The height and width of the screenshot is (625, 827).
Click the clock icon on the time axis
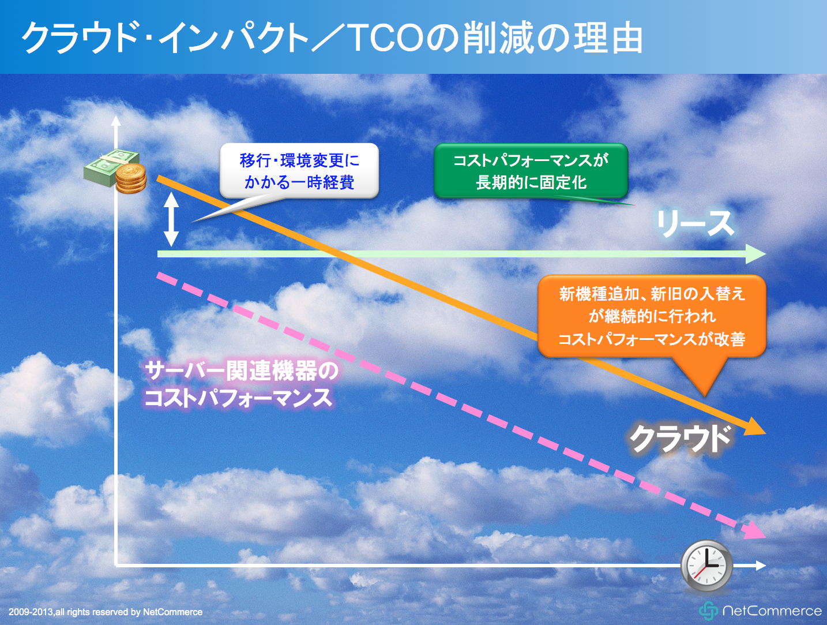tap(706, 565)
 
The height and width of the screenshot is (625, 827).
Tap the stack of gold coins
tap(131, 179)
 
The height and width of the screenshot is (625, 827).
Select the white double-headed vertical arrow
tap(171, 219)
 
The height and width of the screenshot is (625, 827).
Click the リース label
tap(696, 223)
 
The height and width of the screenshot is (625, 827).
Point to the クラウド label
tap(681, 439)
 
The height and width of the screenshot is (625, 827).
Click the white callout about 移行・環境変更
tap(299, 171)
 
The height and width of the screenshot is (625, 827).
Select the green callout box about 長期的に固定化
tap(531, 171)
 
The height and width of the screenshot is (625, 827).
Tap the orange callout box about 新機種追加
tap(652, 316)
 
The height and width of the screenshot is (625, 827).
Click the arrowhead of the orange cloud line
tap(755, 428)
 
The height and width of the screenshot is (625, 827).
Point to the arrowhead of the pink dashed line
tap(755, 531)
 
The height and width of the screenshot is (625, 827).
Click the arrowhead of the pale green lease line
tap(756, 254)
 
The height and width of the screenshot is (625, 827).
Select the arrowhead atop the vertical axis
tap(116, 121)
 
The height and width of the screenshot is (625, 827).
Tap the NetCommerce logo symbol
tap(708, 611)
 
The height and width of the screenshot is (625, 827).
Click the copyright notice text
tap(106, 612)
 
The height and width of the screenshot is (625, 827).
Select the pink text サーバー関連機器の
tap(242, 371)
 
